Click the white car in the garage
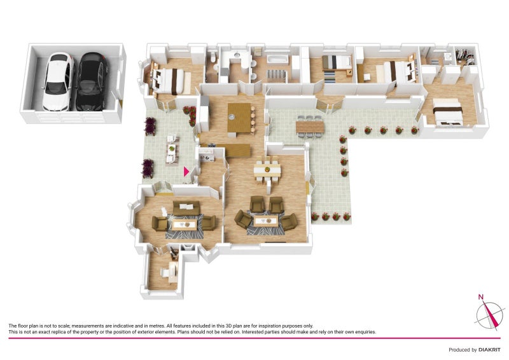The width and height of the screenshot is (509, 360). coord(57,82)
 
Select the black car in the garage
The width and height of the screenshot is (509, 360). coord(92,82)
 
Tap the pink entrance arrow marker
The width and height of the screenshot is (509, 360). coord(186,171)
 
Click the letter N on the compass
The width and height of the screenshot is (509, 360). coord(481,296)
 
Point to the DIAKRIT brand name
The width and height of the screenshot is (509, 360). coord(489,350)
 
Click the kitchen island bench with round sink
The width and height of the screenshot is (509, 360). coord(239,118)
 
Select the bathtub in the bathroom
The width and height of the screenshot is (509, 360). coord(278,59)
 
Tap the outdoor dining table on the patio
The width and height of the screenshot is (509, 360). coord(310,127)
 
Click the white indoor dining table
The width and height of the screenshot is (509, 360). coord(267,170)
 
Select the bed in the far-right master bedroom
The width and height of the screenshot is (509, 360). coord(447,111)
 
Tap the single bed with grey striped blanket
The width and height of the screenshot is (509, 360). coord(337,62)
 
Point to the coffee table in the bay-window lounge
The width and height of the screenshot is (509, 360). coord(185,225)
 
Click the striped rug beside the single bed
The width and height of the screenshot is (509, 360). coord(331,76)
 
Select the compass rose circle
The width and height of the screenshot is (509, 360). coord(489,315)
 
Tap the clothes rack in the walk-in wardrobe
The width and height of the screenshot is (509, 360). coord(466,57)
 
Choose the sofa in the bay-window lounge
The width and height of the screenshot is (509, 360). coord(186,208)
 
